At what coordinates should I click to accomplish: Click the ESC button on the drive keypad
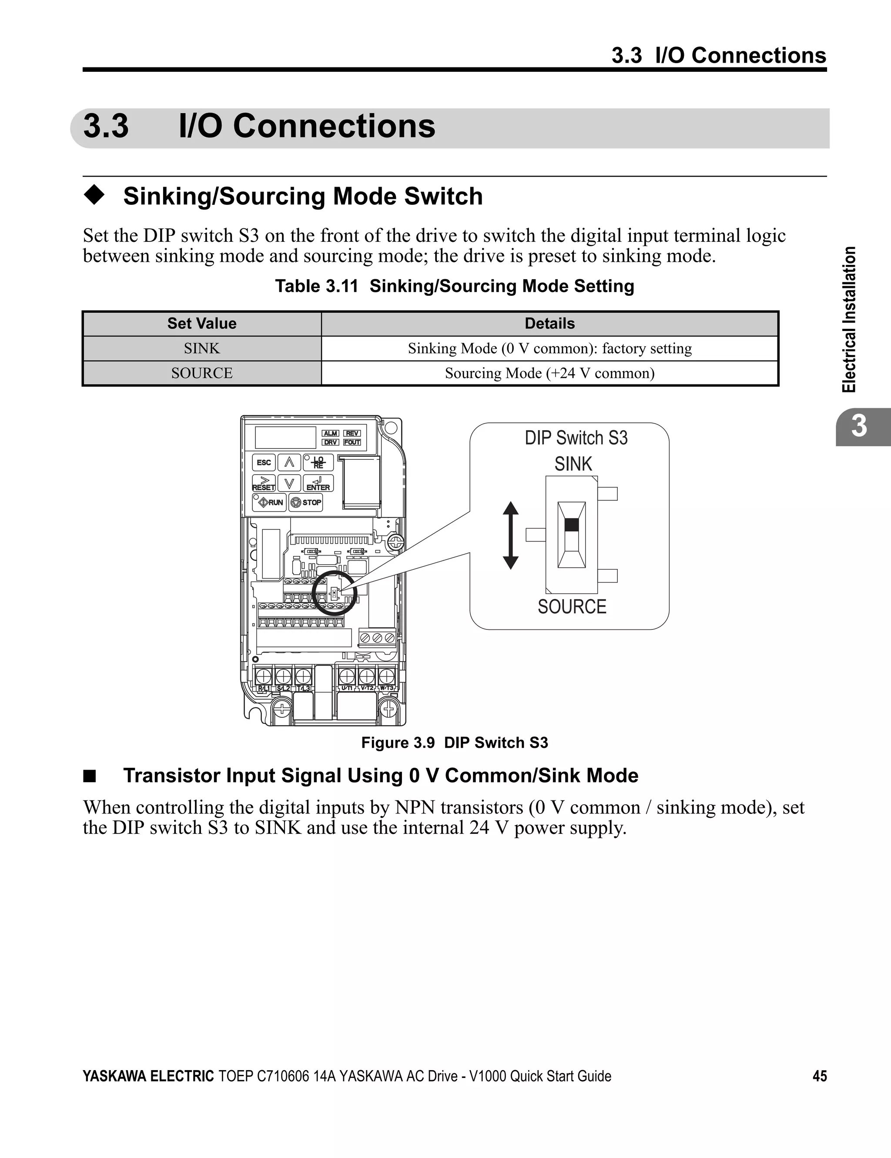click(x=264, y=462)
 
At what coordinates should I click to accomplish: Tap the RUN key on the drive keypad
click(x=269, y=502)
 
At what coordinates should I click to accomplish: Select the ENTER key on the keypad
click(x=318, y=484)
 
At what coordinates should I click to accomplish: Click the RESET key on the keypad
click(x=264, y=484)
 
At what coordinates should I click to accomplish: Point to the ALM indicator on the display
click(x=330, y=433)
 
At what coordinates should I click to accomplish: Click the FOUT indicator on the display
click(x=352, y=442)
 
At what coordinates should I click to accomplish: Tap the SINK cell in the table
click(x=201, y=348)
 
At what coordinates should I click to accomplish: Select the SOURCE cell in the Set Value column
click(x=201, y=373)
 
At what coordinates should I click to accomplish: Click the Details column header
click(x=549, y=324)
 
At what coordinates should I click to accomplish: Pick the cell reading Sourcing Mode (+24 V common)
click(x=549, y=373)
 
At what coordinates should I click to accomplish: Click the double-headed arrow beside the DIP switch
click(x=510, y=535)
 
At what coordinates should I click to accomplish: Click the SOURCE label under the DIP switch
click(x=572, y=606)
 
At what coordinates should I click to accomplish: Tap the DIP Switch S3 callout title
click(x=576, y=438)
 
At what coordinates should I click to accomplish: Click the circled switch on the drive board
click(x=334, y=593)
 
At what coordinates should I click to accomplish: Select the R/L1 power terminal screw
click(x=264, y=676)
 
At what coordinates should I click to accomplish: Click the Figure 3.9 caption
click(x=455, y=743)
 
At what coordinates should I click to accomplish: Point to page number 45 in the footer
click(x=819, y=1076)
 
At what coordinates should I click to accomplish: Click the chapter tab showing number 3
click(x=859, y=426)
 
